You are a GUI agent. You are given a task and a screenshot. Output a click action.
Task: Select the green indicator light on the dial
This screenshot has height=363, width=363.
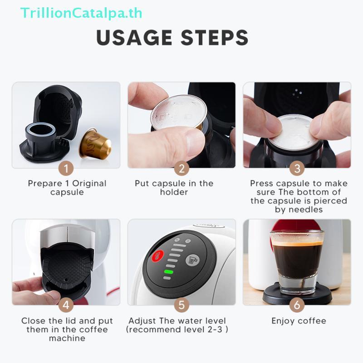coord(169,272)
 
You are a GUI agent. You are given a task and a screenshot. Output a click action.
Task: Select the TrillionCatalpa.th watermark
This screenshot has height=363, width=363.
coord(81,12)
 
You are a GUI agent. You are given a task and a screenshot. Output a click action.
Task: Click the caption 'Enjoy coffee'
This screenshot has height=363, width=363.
coord(299,321)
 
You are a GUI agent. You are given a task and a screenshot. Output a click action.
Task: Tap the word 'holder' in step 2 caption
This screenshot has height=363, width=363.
coord(174,192)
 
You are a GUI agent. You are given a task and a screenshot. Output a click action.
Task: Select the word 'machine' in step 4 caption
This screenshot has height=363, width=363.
coord(67,338)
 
